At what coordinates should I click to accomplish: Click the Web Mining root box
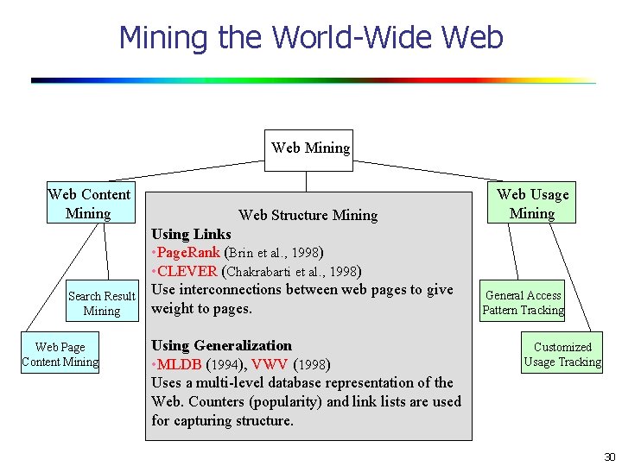(x=310, y=148)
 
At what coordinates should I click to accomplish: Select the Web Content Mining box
(x=89, y=204)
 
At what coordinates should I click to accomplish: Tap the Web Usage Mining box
(x=532, y=204)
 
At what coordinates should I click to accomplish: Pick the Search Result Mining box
(x=102, y=303)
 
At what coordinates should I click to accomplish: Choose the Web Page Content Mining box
(x=60, y=355)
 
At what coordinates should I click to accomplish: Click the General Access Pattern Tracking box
(x=523, y=303)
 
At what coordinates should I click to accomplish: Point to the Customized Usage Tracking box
(x=562, y=355)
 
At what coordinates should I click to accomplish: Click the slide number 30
(x=609, y=457)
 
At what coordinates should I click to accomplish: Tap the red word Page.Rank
(x=187, y=253)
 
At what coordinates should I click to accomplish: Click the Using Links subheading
(x=191, y=234)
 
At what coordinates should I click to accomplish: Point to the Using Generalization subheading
(x=221, y=345)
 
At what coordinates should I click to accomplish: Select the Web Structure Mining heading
(x=308, y=215)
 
